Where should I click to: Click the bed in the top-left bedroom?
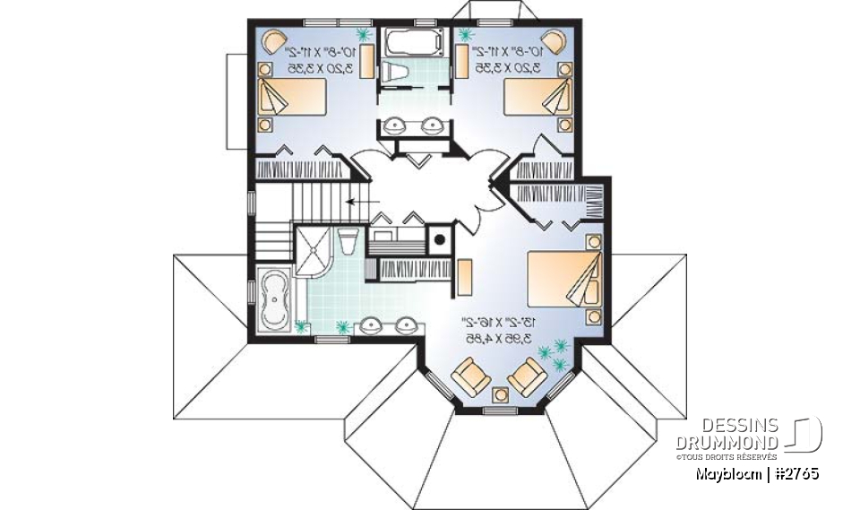click(x=288, y=96)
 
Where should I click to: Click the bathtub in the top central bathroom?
click(x=412, y=41)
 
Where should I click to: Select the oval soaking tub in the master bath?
click(x=272, y=299)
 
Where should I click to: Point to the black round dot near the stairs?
click(x=439, y=239)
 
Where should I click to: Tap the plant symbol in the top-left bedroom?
click(x=364, y=36)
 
